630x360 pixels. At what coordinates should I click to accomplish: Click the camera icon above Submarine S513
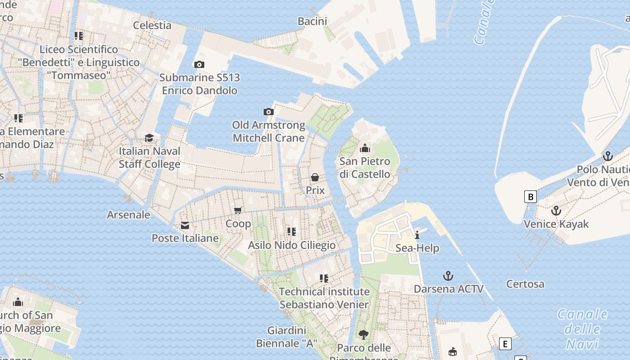(x=199, y=65)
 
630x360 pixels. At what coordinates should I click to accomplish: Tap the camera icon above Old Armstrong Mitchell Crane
(x=268, y=112)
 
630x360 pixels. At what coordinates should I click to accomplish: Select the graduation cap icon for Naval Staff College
(x=149, y=138)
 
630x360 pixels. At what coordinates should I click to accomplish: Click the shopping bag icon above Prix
(x=315, y=177)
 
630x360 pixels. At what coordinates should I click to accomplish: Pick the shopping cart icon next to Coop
(x=238, y=210)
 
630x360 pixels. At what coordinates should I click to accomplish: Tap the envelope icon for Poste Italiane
(x=184, y=225)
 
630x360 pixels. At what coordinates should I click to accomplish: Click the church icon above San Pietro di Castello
(x=365, y=148)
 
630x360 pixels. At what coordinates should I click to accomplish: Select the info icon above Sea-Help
(x=417, y=235)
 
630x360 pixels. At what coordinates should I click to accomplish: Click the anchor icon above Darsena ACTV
(x=448, y=276)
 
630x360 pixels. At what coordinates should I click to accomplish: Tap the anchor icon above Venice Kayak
(x=556, y=211)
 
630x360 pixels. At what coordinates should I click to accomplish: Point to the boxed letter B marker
(x=531, y=197)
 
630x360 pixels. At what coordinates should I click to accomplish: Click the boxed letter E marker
(x=505, y=344)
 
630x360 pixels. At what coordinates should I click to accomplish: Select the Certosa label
(x=525, y=284)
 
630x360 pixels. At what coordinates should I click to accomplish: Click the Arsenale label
(x=128, y=215)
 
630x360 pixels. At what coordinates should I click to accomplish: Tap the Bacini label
(x=312, y=21)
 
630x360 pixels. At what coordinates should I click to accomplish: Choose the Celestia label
(x=152, y=25)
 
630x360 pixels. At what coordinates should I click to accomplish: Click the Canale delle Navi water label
(x=582, y=329)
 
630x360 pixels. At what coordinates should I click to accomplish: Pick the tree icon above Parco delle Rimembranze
(x=363, y=335)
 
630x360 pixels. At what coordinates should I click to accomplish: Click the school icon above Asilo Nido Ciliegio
(x=292, y=232)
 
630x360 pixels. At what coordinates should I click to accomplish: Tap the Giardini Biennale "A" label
(x=287, y=337)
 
